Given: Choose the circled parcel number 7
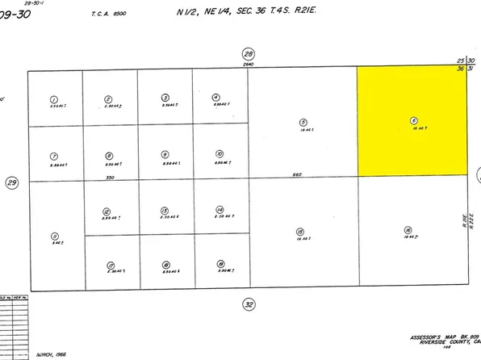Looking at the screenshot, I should (53, 155).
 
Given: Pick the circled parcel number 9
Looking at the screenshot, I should (165, 154).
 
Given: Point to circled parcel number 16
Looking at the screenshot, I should (408, 229).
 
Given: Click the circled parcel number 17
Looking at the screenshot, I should (110, 265).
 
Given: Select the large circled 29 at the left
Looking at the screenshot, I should (12, 183).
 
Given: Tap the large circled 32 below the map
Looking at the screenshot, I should (249, 304).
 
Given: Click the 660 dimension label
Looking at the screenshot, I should (298, 174).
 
